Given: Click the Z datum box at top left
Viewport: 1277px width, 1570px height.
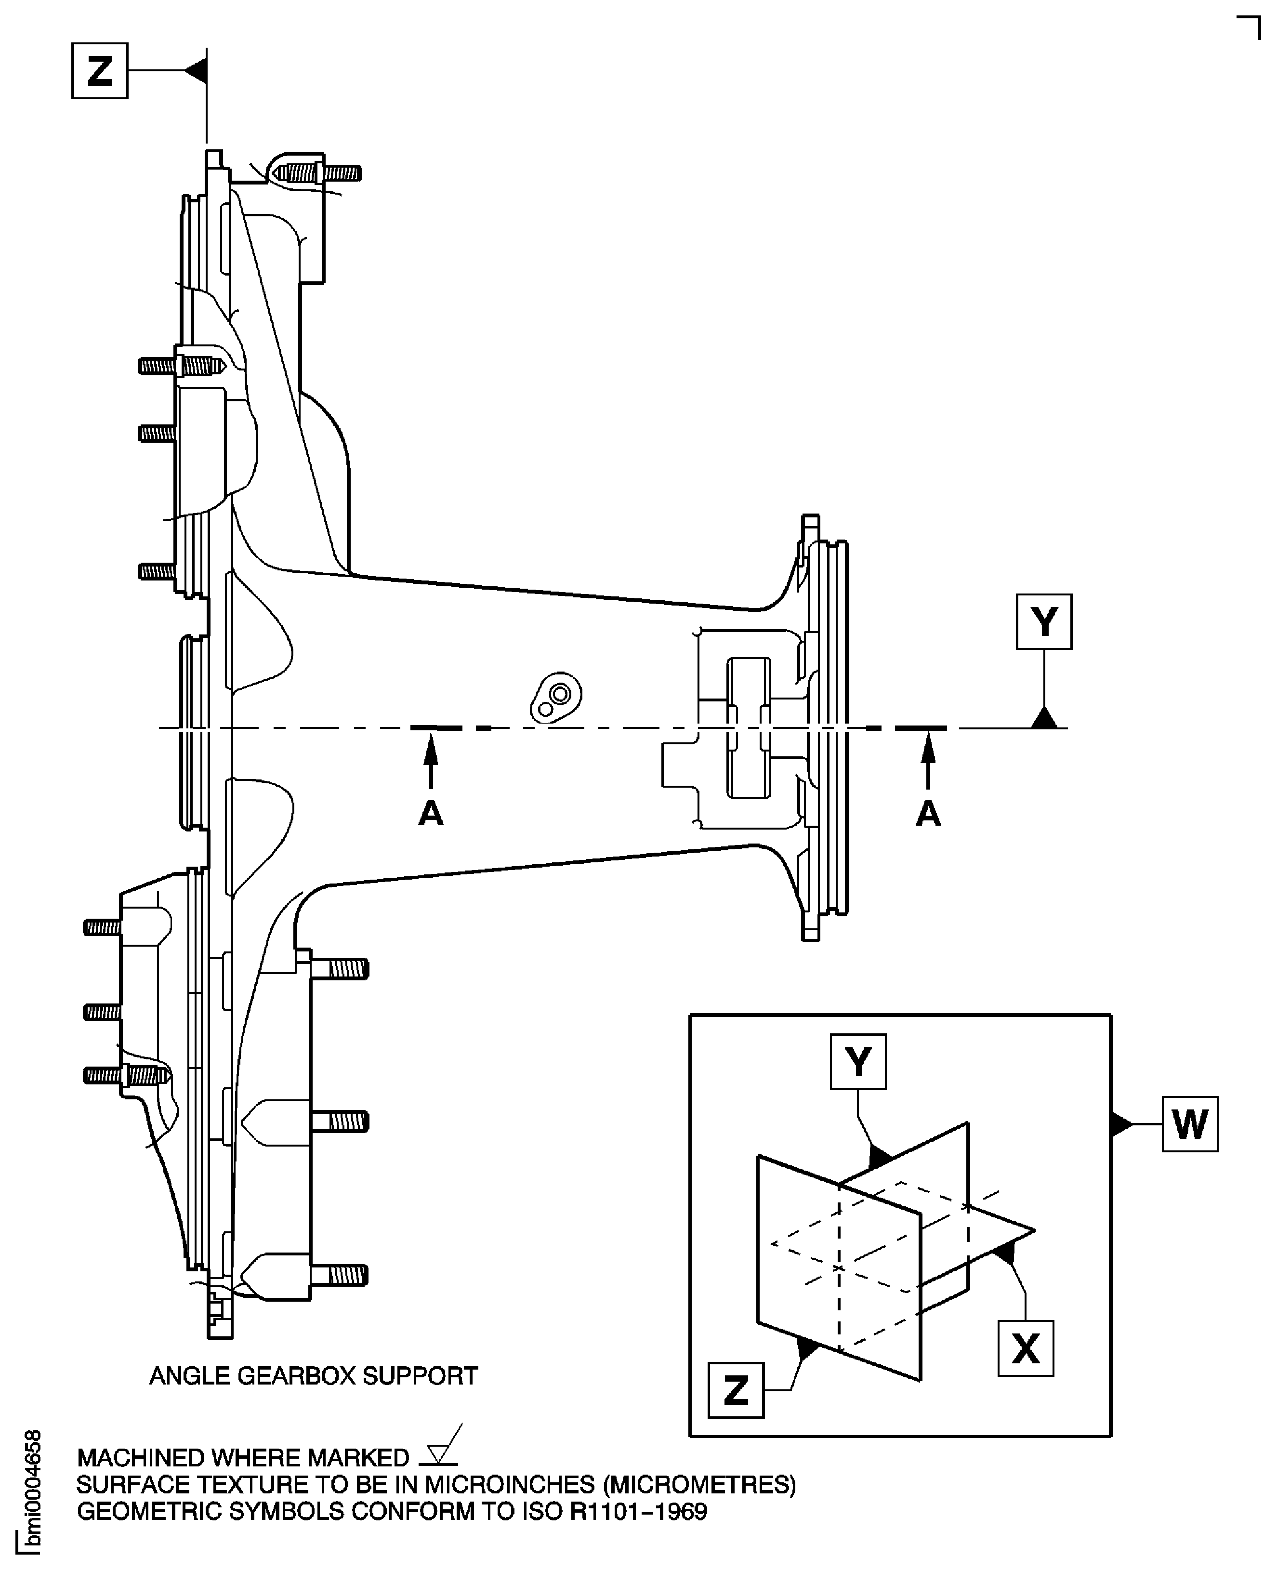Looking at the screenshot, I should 99,71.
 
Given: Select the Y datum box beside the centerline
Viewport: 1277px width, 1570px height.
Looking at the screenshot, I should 1043,621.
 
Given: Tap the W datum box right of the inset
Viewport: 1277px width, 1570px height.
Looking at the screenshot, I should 1189,1124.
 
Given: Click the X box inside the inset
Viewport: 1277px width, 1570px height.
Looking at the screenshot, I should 1026,1348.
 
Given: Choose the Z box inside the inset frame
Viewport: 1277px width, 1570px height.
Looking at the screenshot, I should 736,1390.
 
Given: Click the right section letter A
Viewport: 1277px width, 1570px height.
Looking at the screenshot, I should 928,814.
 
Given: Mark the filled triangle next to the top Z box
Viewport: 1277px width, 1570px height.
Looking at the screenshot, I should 197,71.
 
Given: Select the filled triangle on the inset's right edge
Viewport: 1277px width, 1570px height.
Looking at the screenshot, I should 1120,1124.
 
